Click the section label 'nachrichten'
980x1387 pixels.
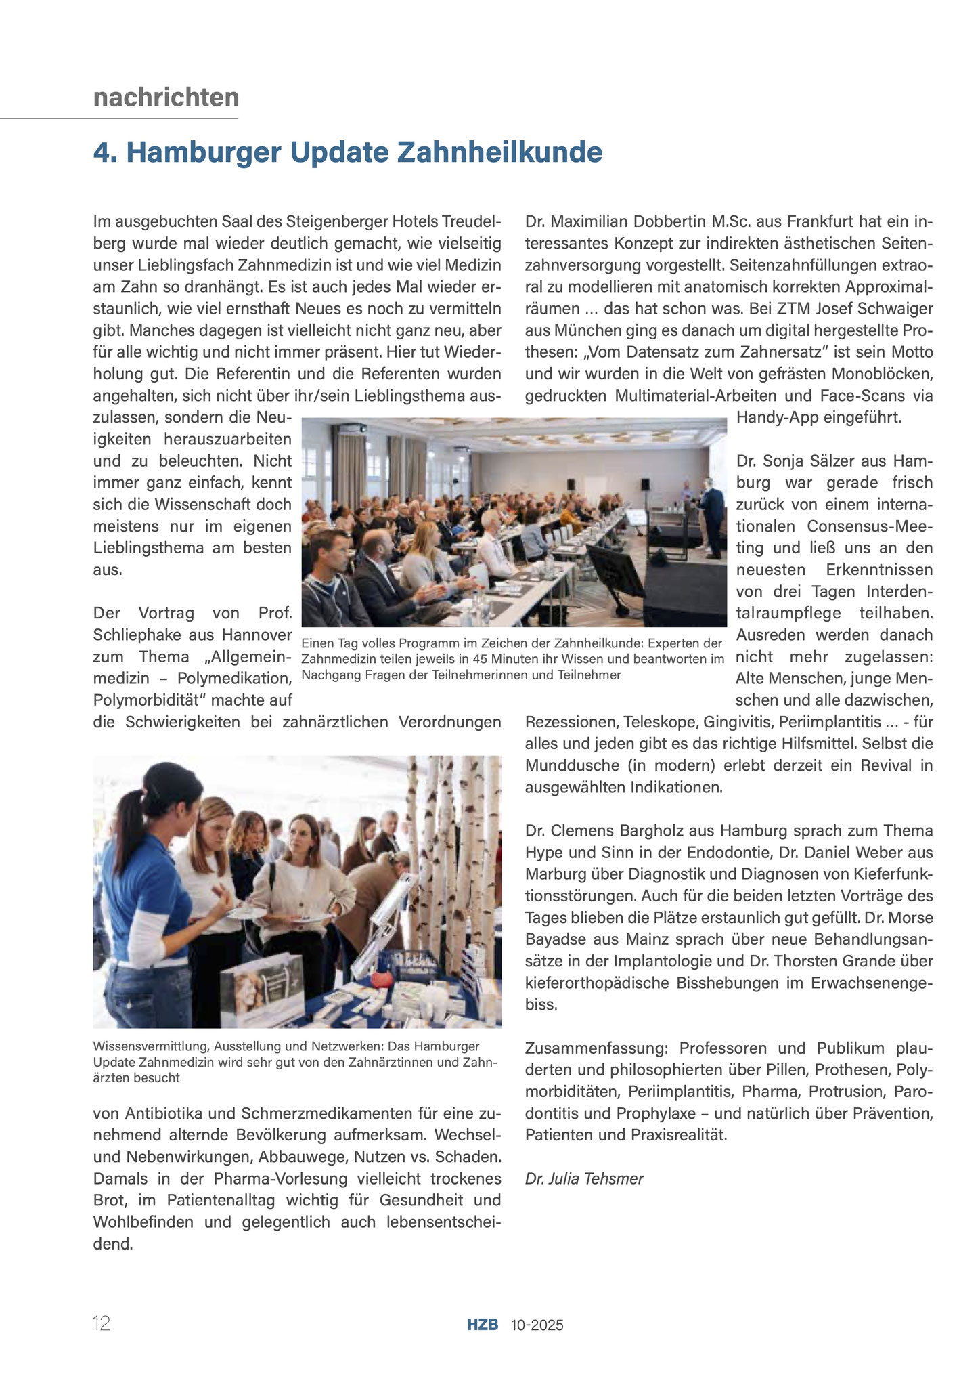(166, 98)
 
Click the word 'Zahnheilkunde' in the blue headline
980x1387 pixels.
(499, 152)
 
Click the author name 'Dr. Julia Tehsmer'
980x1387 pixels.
(584, 1179)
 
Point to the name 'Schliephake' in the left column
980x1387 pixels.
(140, 635)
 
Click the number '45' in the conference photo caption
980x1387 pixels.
(520, 658)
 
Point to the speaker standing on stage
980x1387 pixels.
(711, 515)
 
